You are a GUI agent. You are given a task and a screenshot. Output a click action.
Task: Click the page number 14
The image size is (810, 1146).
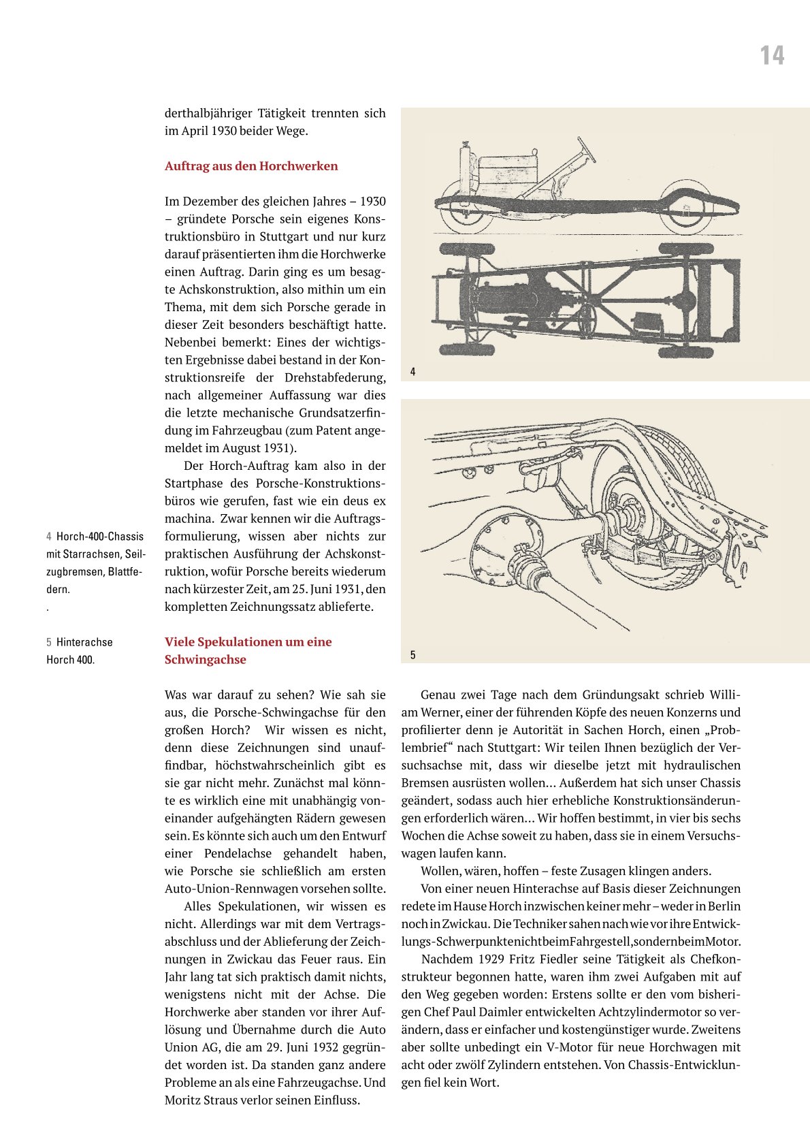coord(772,56)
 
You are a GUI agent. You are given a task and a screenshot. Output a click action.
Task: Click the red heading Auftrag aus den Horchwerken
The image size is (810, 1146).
coord(251,166)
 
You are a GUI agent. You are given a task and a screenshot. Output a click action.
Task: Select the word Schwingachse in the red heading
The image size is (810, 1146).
coord(206,660)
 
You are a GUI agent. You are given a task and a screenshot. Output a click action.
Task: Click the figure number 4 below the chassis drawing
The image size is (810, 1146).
coord(412,372)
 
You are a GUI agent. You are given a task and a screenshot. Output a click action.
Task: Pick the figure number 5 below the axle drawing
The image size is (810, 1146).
coord(412,655)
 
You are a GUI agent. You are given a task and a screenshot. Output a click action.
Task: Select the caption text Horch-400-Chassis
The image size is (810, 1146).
coord(100,537)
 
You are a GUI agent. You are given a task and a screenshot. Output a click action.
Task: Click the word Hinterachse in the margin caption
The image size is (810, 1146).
coord(84,642)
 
